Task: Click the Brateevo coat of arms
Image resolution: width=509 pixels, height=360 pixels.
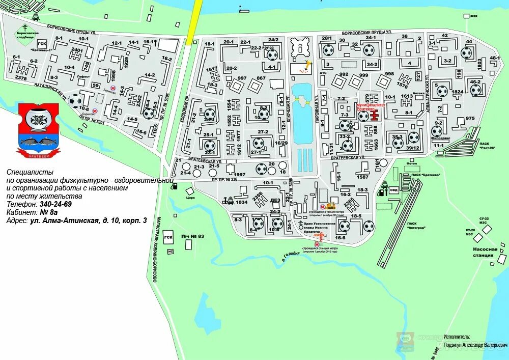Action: (x=39, y=129)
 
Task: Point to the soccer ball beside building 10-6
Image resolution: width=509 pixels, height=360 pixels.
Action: (x=75, y=101)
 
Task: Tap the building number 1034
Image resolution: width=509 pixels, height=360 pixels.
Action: (x=242, y=202)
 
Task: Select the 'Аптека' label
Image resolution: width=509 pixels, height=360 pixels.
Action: (x=419, y=94)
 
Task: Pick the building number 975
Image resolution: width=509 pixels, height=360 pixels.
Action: (x=469, y=119)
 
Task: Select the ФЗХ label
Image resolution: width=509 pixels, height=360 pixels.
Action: (x=474, y=16)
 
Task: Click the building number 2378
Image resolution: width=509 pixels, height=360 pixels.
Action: (x=21, y=78)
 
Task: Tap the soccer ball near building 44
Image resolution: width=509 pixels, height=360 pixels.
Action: (x=466, y=53)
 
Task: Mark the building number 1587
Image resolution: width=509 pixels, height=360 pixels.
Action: (x=362, y=177)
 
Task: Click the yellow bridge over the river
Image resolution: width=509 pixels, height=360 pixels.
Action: (x=194, y=23)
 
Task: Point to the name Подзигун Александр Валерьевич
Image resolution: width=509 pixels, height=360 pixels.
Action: (x=475, y=345)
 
